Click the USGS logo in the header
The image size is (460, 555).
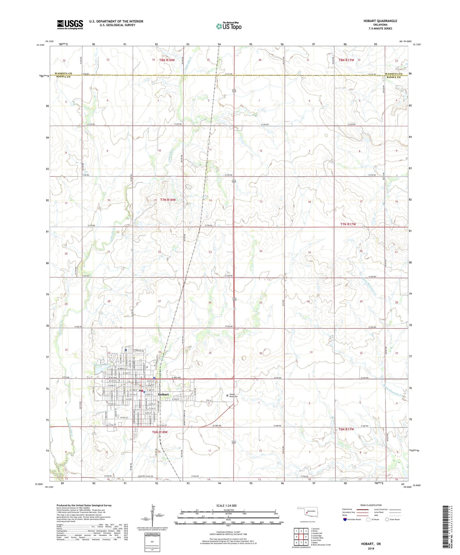(x=70, y=24)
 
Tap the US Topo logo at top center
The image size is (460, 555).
(x=229, y=26)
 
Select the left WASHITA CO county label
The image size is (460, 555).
(x=63, y=73)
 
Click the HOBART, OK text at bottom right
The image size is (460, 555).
(x=371, y=544)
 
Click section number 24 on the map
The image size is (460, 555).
(x=261, y=251)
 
